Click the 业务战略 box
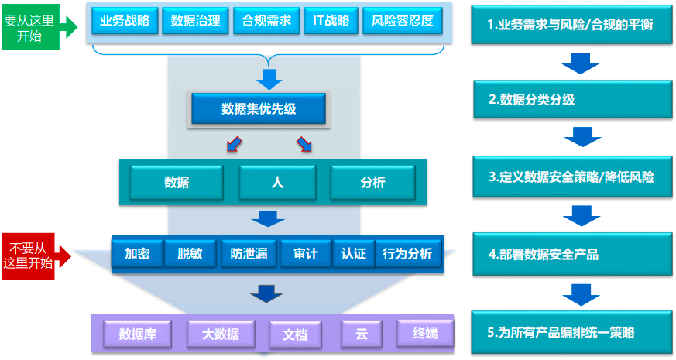click(x=125, y=21)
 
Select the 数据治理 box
click(x=195, y=21)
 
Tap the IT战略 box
click(x=330, y=21)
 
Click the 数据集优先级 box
click(x=259, y=109)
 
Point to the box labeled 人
click(x=277, y=183)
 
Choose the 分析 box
click(x=372, y=183)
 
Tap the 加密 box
click(x=136, y=253)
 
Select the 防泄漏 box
click(x=249, y=253)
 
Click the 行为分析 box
click(x=407, y=253)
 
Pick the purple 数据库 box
click(x=138, y=334)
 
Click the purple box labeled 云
click(x=362, y=334)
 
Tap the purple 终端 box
click(x=425, y=334)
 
